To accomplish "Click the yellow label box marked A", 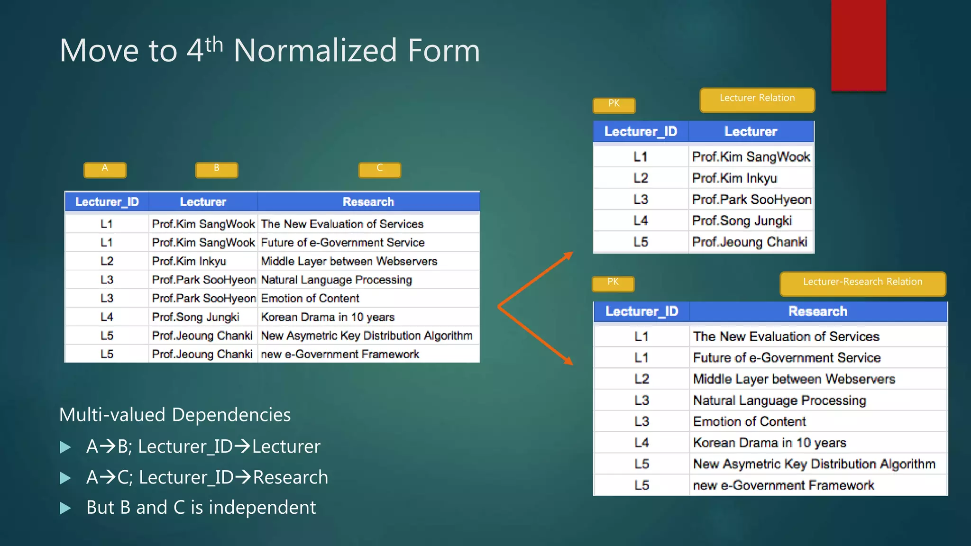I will (105, 169).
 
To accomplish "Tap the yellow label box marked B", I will (217, 169).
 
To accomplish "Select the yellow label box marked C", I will (380, 169).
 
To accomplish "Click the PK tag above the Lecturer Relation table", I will (614, 105).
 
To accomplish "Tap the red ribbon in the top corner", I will (858, 45).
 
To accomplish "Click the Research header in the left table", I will (368, 202).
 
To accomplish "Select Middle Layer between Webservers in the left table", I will (349, 261).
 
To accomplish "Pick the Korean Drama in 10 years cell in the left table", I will (328, 317).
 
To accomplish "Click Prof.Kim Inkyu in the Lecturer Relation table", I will (734, 178).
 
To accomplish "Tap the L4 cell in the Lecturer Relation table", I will (641, 221).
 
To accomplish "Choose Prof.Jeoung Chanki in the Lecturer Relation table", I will (750, 242).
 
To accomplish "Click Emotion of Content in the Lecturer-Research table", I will (749, 421).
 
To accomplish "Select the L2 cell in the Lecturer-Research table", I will (641, 379).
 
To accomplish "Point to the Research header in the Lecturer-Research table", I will (818, 311).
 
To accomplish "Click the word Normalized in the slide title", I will (315, 51).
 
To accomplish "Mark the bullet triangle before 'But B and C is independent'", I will (65, 509).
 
